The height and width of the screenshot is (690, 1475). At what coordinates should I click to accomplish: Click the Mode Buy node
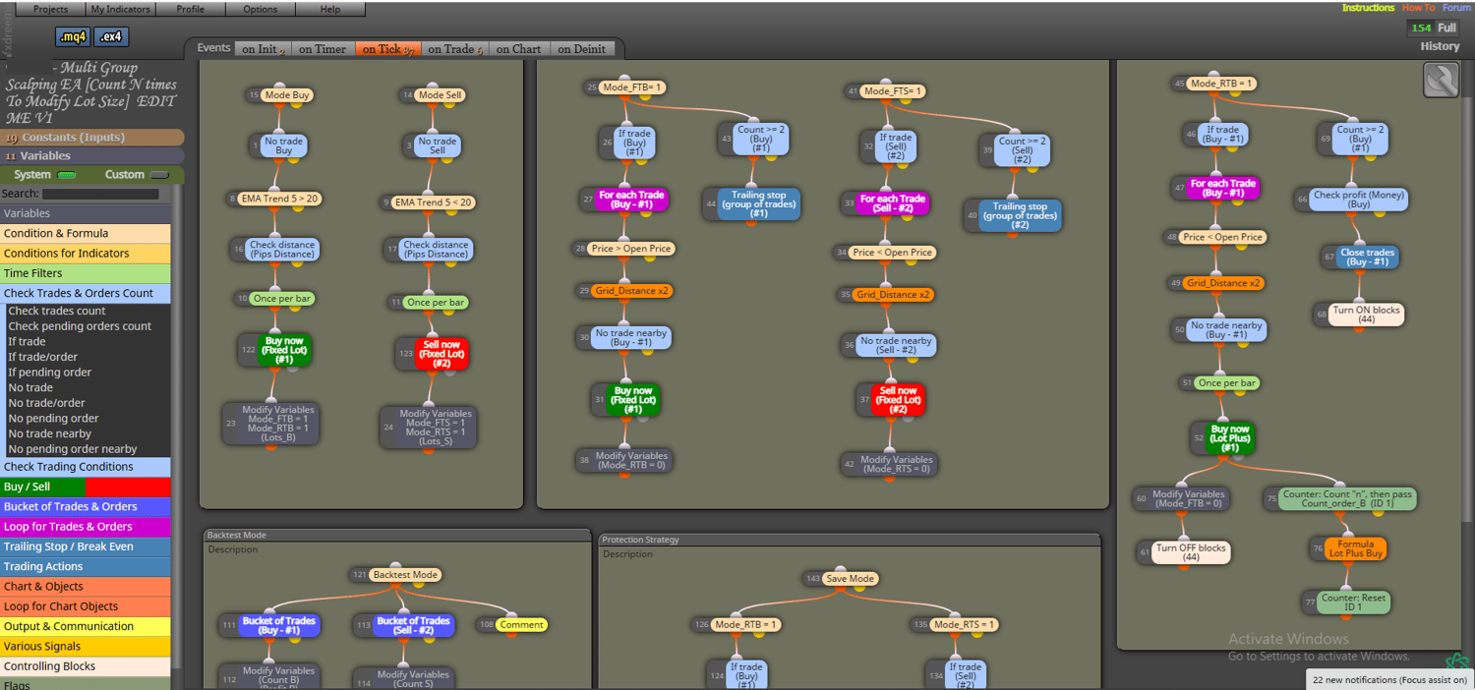click(287, 95)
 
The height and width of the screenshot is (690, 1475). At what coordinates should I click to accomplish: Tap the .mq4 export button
click(73, 36)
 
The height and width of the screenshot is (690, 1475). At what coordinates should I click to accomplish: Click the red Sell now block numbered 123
click(442, 354)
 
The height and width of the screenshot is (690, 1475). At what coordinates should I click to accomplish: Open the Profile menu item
click(190, 9)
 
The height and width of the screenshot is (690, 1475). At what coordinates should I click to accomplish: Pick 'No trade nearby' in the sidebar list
click(49, 433)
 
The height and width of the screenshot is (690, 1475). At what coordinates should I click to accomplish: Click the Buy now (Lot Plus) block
click(1230, 437)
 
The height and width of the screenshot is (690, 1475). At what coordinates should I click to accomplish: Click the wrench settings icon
click(1441, 81)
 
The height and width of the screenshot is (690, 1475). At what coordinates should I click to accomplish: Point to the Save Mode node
click(850, 579)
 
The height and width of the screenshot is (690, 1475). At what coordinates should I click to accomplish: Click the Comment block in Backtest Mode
click(520, 624)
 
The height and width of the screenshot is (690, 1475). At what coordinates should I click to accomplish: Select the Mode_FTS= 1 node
click(893, 91)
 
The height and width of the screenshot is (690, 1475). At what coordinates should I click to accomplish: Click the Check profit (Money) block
click(1360, 200)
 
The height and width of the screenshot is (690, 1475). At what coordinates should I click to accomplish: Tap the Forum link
click(1456, 8)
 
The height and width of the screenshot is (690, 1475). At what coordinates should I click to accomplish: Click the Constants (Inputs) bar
click(92, 138)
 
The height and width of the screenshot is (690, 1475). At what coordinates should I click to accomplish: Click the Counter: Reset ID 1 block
click(1353, 603)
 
